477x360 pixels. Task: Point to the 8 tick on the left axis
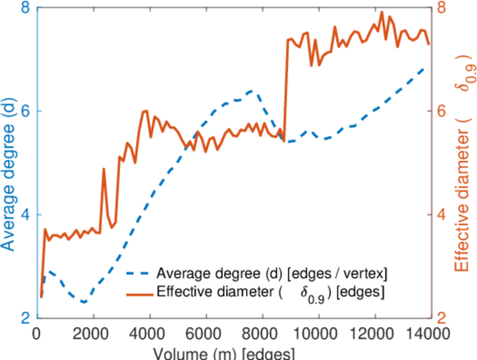point(26,8)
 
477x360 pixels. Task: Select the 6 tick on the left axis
point(26,112)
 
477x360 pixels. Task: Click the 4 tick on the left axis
point(26,215)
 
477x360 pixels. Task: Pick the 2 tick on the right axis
point(440,318)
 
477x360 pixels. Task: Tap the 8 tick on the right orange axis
point(440,8)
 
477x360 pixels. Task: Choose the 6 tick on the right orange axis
point(440,112)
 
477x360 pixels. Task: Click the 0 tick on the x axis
point(37,334)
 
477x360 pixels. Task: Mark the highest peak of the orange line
point(382,11)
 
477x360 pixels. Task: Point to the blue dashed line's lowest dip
point(84,302)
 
